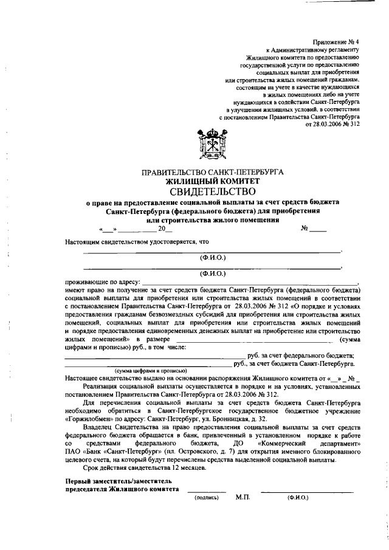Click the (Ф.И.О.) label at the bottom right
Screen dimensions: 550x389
(298, 497)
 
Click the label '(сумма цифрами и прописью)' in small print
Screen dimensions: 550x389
(151, 370)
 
